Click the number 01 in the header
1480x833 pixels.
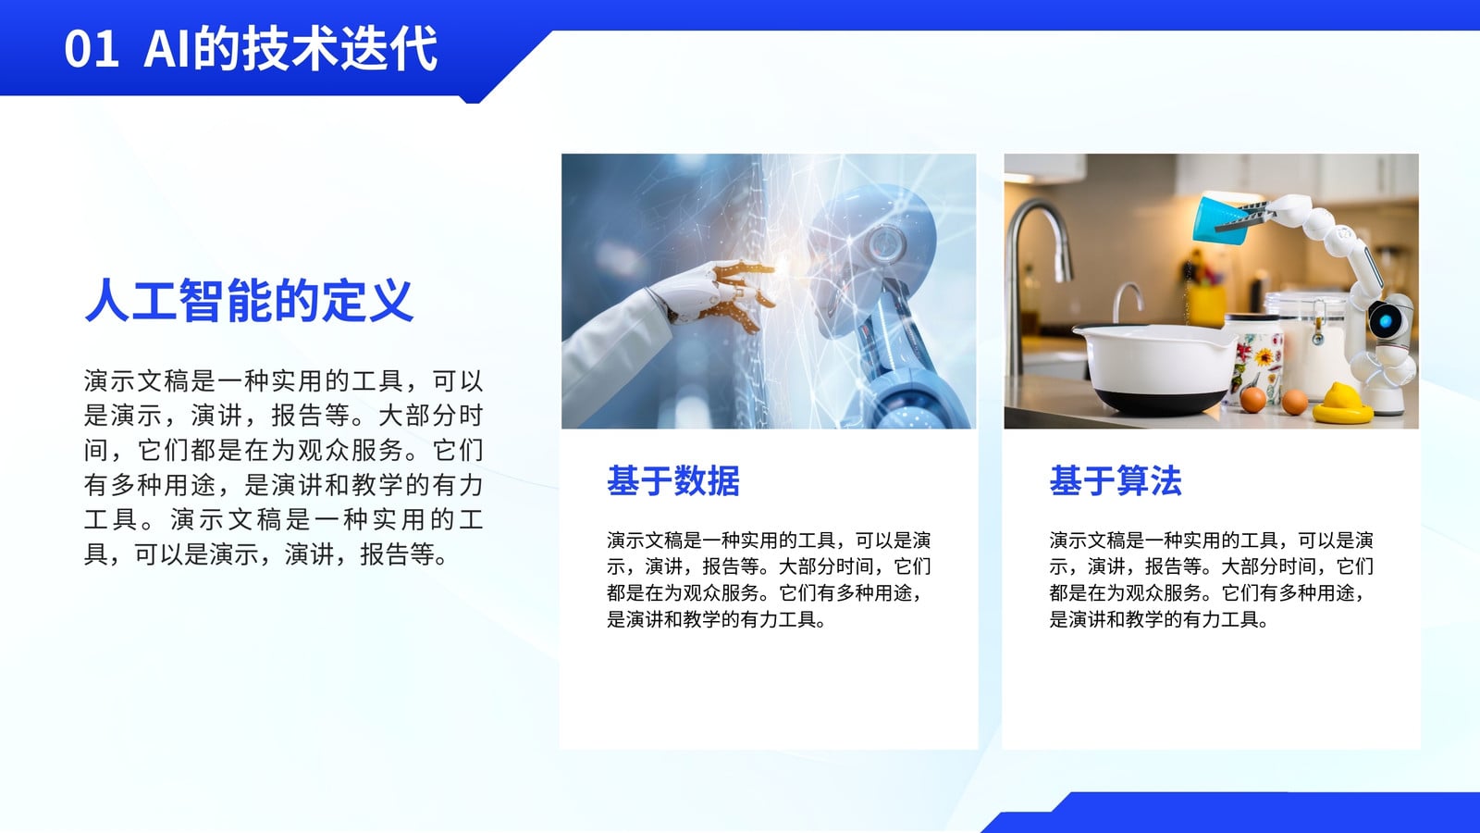pyautogui.click(x=92, y=49)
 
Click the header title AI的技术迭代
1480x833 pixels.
pyautogui.click(x=290, y=48)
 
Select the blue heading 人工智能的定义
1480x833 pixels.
pyautogui.click(x=249, y=300)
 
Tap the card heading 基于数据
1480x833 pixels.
pyautogui.click(x=673, y=480)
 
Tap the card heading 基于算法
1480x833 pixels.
pyautogui.click(x=1116, y=480)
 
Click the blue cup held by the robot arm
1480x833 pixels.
pyautogui.click(x=1220, y=219)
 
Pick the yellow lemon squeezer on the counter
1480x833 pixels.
pyautogui.click(x=1342, y=404)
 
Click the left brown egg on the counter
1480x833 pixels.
pyautogui.click(x=1252, y=400)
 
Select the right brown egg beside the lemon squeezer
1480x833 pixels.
pyautogui.click(x=1294, y=402)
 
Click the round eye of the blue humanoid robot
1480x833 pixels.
pyautogui.click(x=886, y=242)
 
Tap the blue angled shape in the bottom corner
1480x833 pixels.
pyautogui.click(x=1230, y=813)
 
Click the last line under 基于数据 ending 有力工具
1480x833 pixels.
pyautogui.click(x=716, y=619)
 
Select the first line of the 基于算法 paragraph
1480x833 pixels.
pyautogui.click(x=1212, y=541)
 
